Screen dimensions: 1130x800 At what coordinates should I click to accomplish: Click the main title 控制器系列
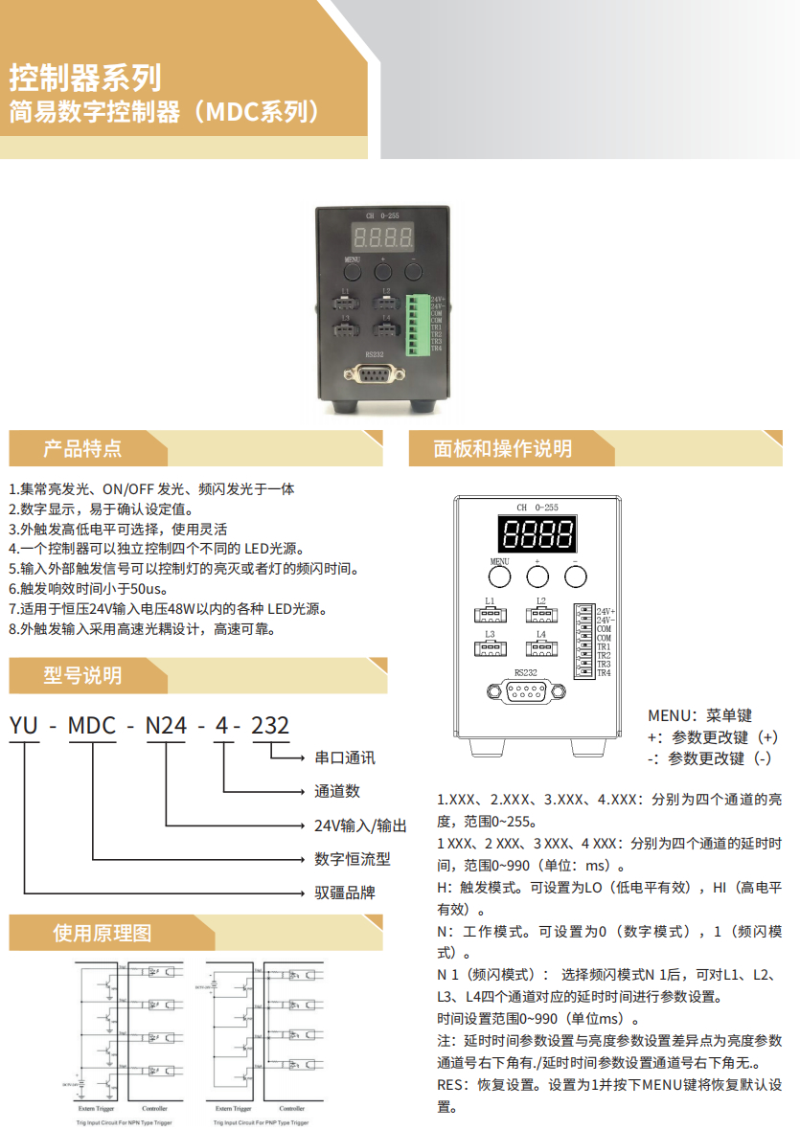(85, 77)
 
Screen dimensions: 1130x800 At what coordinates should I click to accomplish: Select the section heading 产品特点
(82, 448)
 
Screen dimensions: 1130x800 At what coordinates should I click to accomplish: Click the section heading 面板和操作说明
(502, 448)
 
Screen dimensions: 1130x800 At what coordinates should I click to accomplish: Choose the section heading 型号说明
(82, 675)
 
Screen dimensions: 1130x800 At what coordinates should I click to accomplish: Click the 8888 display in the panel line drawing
(537, 534)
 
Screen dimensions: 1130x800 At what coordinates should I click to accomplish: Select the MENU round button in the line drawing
(499, 576)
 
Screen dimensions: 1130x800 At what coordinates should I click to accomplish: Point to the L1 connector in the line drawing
(490, 616)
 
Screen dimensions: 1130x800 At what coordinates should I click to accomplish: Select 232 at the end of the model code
(269, 726)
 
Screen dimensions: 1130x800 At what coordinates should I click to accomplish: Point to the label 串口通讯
(345, 757)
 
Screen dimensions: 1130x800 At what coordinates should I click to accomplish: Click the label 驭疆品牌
(345, 893)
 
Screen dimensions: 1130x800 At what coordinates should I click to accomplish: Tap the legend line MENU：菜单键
(699, 715)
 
